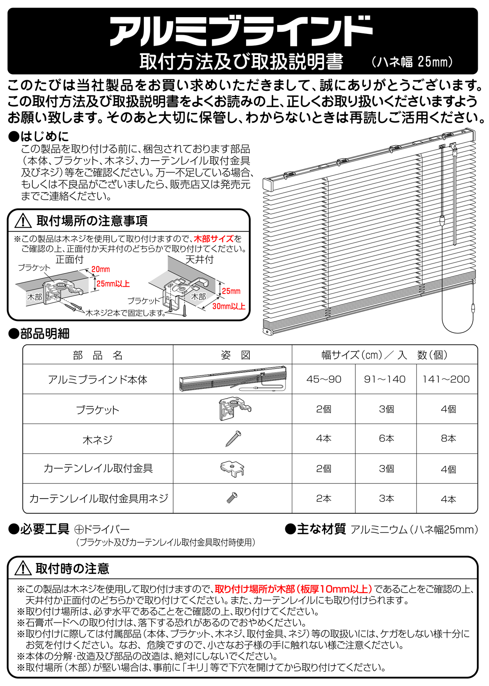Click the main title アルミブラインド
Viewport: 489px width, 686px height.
pyautogui.click(x=240, y=31)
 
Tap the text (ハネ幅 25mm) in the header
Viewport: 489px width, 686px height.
pyautogui.click(x=412, y=62)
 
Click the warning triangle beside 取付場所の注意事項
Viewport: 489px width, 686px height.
pyautogui.click(x=23, y=221)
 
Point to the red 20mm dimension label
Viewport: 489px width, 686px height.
pyautogui.click(x=100, y=269)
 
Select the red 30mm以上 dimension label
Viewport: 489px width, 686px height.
pyautogui.click(x=229, y=306)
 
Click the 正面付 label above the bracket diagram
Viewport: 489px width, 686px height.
pyautogui.click(x=69, y=260)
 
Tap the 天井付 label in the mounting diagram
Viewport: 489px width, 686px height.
pyautogui.click(x=199, y=260)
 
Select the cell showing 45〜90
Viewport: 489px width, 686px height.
pyautogui.click(x=324, y=379)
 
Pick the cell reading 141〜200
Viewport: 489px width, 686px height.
pyautogui.click(x=446, y=379)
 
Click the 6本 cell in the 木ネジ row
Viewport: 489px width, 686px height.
pyautogui.click(x=386, y=439)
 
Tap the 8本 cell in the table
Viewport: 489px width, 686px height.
pyautogui.click(x=448, y=439)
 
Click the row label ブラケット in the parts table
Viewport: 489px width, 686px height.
pyautogui.click(x=97, y=410)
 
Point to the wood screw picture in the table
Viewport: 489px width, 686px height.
pyautogui.click(x=233, y=439)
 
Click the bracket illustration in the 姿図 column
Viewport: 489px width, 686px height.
pyautogui.click(x=234, y=409)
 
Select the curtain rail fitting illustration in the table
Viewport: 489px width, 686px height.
pyautogui.click(x=232, y=469)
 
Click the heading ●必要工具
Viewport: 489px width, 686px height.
pyautogui.click(x=39, y=529)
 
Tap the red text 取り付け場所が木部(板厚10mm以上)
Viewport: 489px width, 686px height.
pyautogui.click(x=293, y=589)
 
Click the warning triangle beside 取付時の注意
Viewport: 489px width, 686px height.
pyautogui.click(x=23, y=568)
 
